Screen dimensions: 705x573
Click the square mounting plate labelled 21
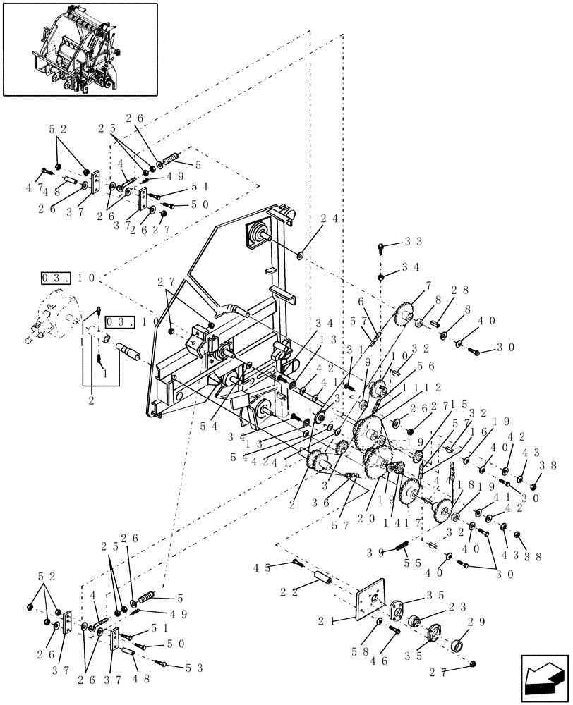coord(371,599)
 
